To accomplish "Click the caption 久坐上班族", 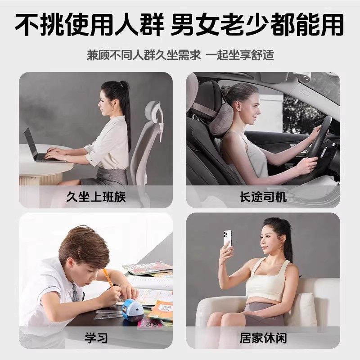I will [x=96, y=197].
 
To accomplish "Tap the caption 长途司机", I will [x=263, y=197].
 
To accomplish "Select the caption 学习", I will [x=96, y=337].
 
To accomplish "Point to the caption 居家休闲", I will [x=263, y=337].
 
